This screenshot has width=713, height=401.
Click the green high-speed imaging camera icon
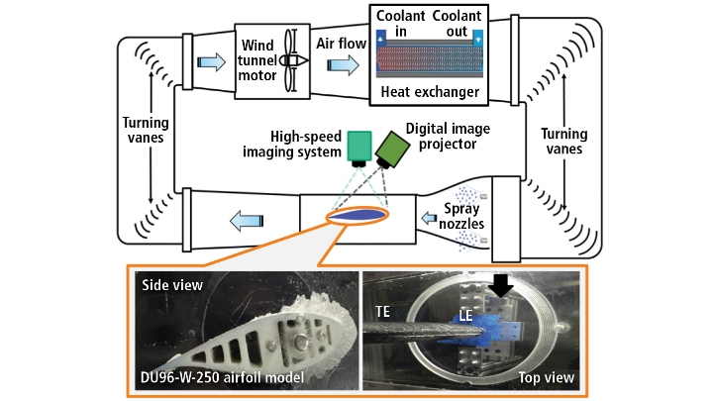coord(357,148)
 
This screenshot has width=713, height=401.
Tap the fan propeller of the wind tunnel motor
coord(288,58)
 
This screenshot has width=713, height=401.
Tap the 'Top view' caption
coord(544,377)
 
